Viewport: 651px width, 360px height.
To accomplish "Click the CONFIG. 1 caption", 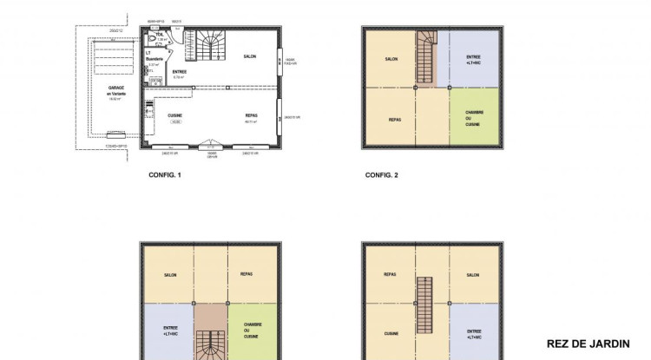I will (164, 174).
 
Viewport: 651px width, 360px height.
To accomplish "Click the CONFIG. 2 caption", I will (381, 174).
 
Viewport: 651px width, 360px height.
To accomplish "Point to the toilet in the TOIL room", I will (153, 40).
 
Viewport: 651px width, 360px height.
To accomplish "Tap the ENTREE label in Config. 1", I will (180, 72).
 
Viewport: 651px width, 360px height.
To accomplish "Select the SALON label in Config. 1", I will (248, 56).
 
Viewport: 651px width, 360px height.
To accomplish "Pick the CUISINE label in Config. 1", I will (174, 115).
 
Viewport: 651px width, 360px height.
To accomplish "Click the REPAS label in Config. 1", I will (251, 115).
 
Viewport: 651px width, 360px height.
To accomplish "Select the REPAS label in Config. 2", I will (393, 119).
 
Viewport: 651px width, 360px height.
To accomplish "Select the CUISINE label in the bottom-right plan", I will (391, 332).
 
